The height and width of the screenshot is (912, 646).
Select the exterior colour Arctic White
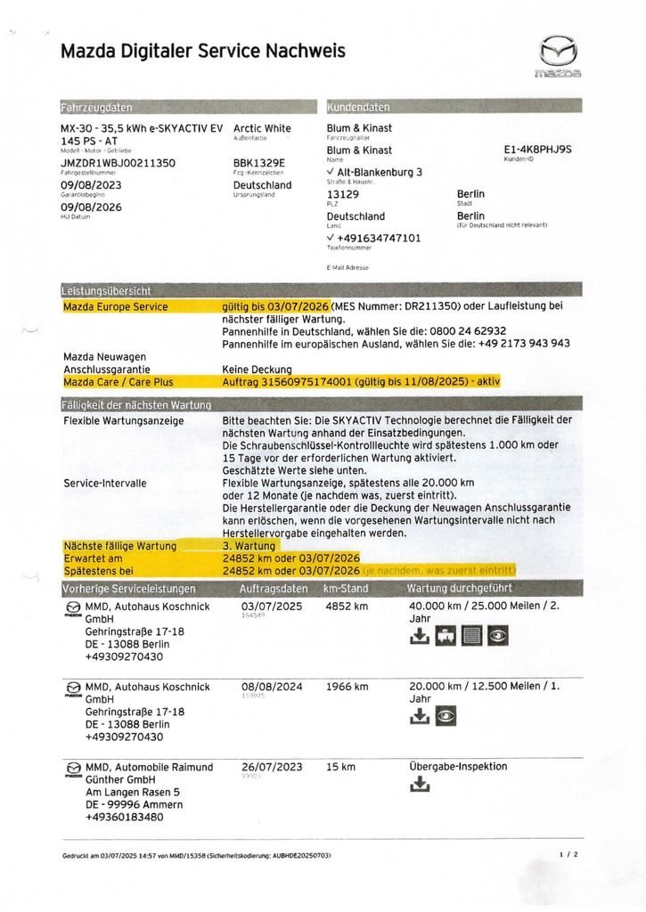[262, 128]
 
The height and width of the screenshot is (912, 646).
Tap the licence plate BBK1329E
[258, 163]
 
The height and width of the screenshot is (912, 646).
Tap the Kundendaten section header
[359, 107]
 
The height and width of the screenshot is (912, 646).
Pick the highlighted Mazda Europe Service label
[115, 307]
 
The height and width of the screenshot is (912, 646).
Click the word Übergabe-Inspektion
[457, 766]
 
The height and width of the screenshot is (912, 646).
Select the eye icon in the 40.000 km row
[498, 636]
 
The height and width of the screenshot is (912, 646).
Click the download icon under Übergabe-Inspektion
[420, 785]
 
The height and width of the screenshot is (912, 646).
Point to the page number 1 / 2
[568, 854]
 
